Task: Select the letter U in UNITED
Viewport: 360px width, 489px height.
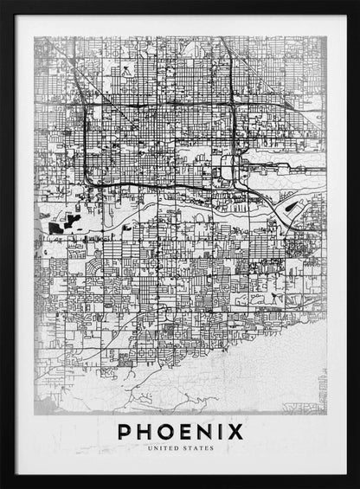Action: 149,448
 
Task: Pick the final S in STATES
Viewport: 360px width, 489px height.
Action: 212,448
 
